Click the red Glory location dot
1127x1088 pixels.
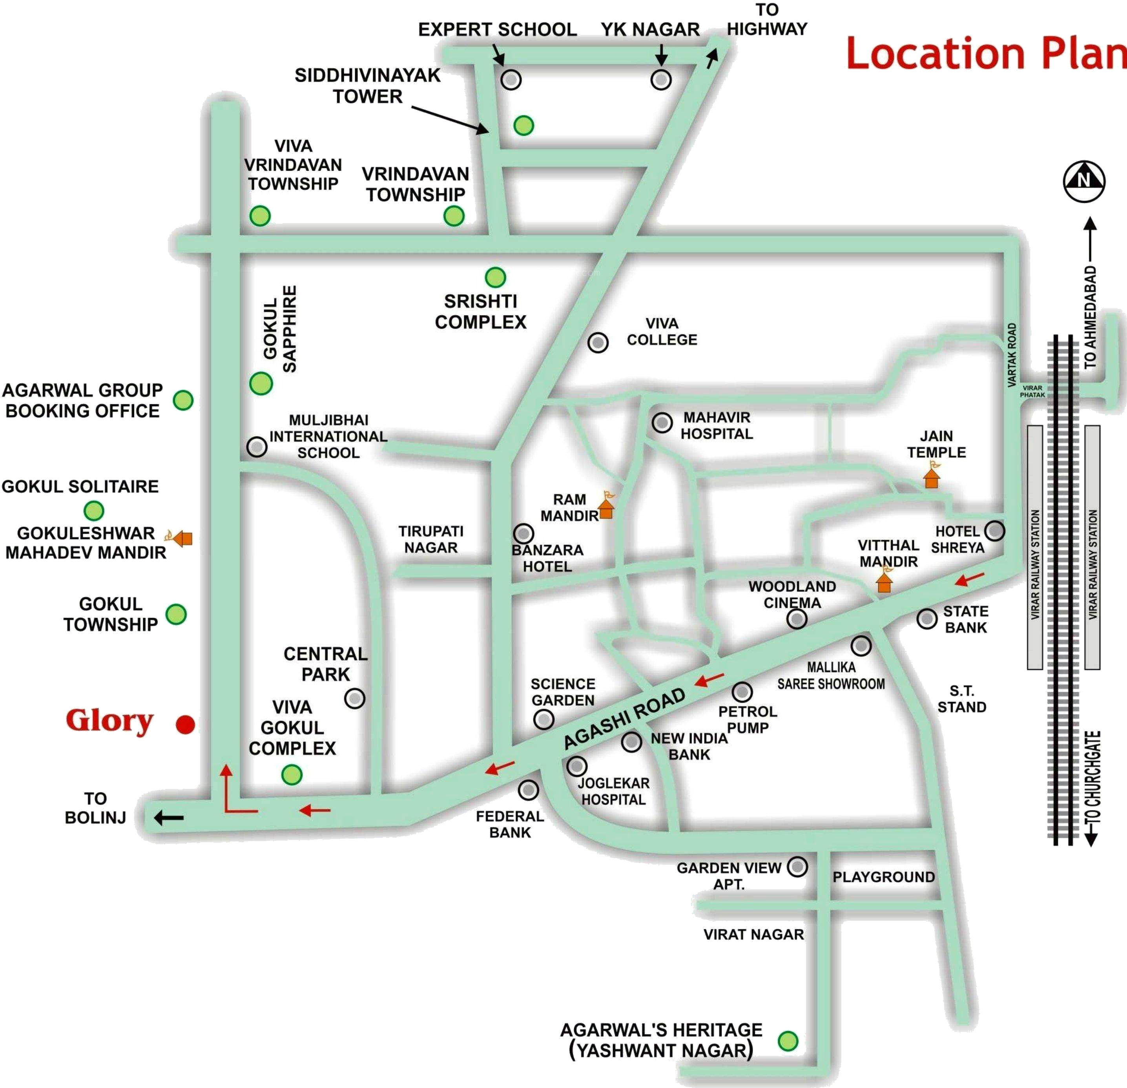(x=185, y=724)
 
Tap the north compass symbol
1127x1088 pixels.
(x=1084, y=181)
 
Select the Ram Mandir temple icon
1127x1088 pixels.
(x=606, y=506)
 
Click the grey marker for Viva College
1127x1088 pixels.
(x=598, y=343)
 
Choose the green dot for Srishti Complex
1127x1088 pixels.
(x=495, y=277)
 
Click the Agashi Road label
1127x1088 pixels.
(x=624, y=719)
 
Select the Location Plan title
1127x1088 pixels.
(x=986, y=53)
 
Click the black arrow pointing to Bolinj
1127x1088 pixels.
(x=168, y=818)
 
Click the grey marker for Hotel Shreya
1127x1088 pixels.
(x=994, y=530)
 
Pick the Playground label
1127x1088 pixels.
(x=884, y=877)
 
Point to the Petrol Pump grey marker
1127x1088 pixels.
(x=742, y=691)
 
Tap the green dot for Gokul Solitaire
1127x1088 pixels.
(x=94, y=510)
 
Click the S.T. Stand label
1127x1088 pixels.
(x=961, y=699)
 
